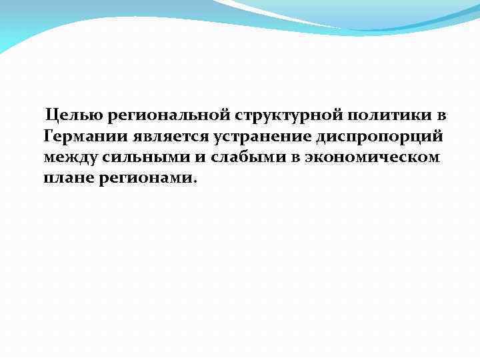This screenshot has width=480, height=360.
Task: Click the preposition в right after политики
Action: click(x=441, y=116)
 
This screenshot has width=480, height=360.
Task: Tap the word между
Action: click(x=69, y=158)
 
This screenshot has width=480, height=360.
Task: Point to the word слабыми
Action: click(x=243, y=158)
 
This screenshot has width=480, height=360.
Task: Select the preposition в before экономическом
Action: click(x=294, y=158)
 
